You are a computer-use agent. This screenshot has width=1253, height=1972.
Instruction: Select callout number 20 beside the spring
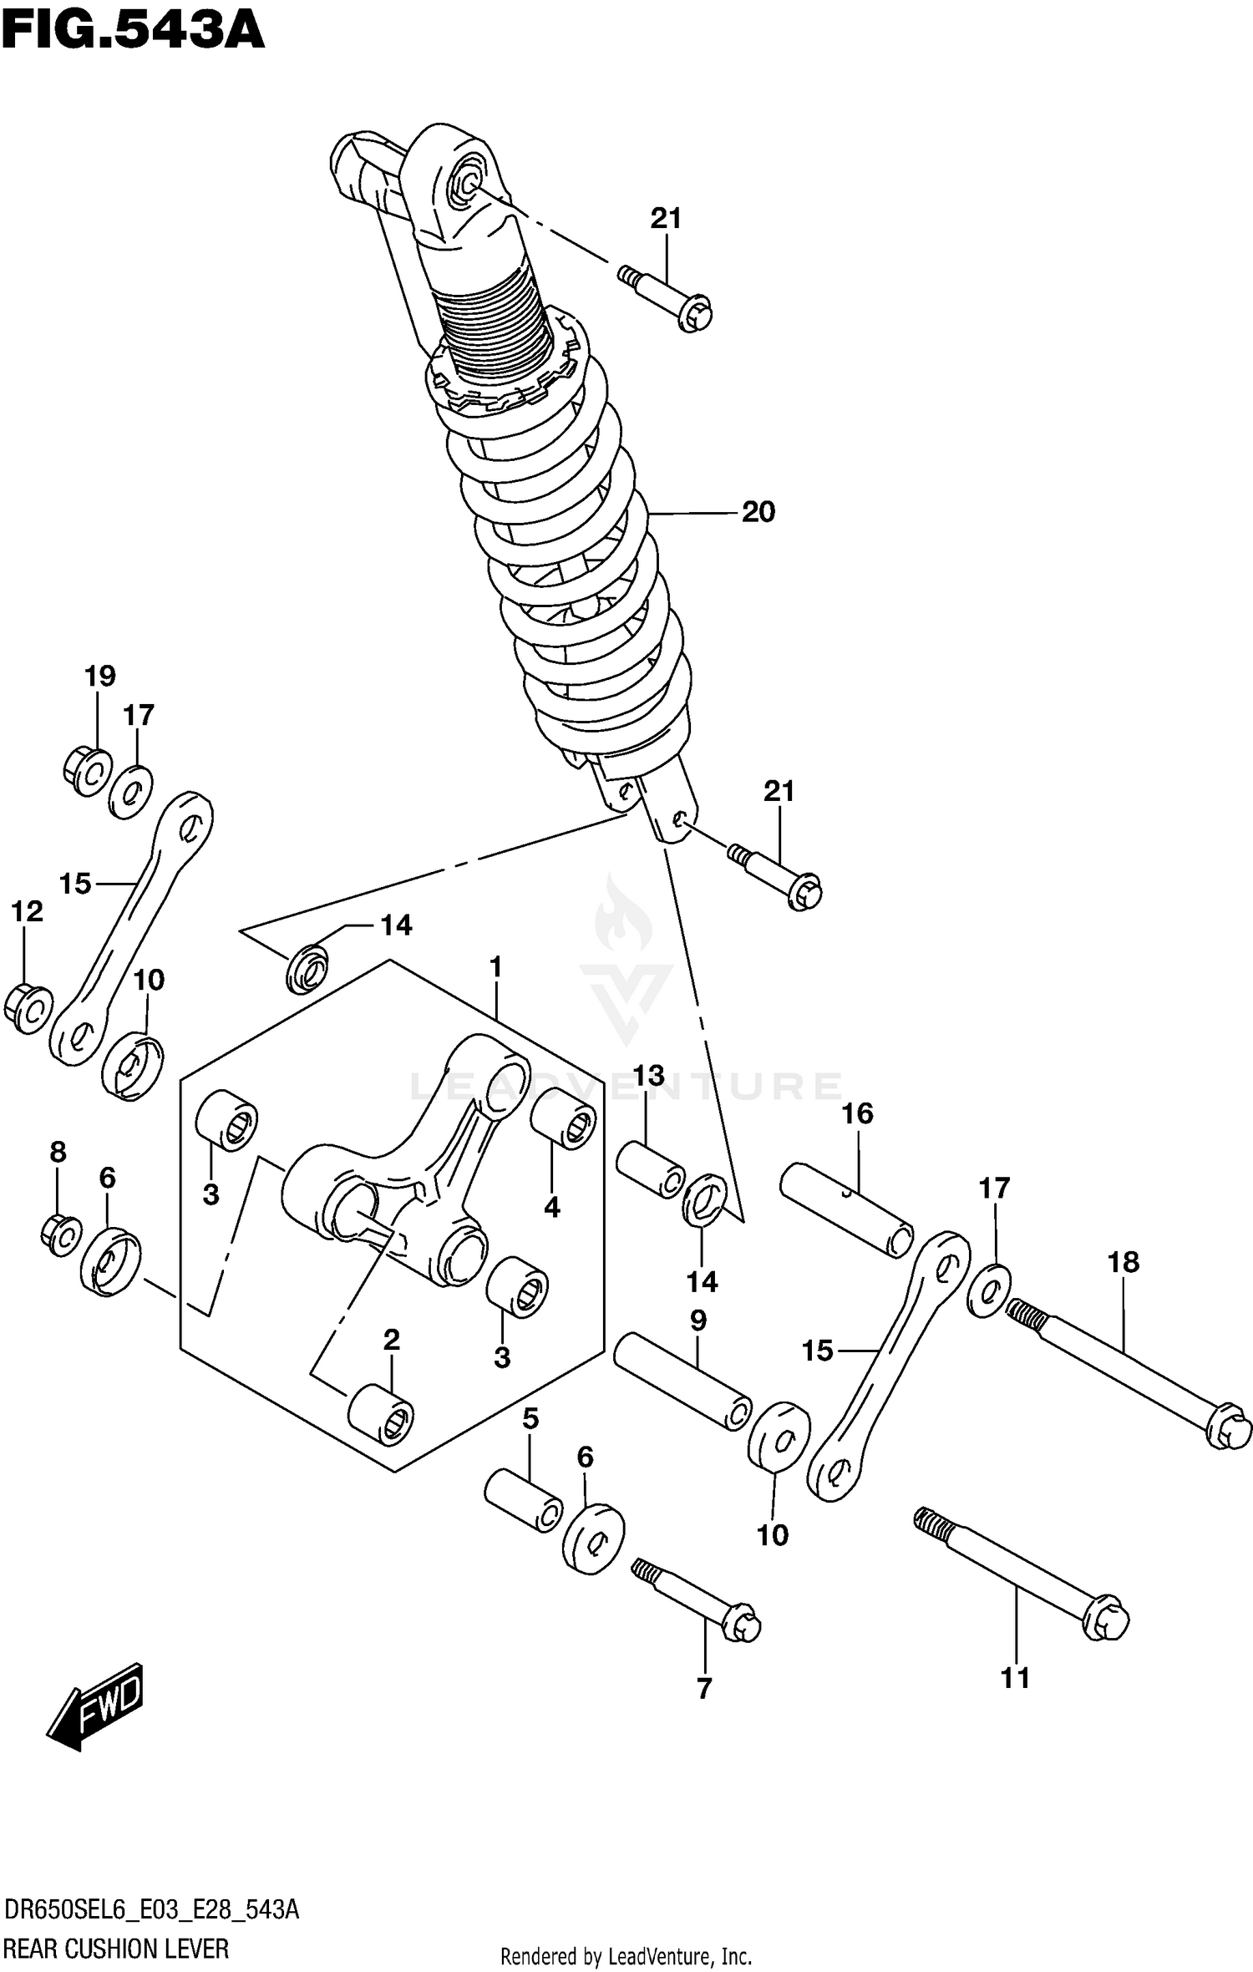(758, 512)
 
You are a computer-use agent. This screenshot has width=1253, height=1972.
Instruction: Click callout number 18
(1124, 1262)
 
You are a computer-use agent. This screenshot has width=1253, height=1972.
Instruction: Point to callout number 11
(1015, 1678)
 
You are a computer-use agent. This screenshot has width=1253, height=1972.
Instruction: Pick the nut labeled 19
(87, 772)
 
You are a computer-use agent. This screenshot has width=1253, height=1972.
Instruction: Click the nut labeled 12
(28, 1009)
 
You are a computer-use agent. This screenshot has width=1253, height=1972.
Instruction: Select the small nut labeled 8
(61, 1234)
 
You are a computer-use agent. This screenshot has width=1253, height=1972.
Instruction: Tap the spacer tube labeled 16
(846, 1209)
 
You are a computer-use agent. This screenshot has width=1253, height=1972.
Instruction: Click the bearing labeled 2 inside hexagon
(381, 1415)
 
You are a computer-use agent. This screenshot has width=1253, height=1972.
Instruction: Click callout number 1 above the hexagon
(495, 967)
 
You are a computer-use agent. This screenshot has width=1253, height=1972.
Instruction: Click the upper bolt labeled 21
(666, 299)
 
